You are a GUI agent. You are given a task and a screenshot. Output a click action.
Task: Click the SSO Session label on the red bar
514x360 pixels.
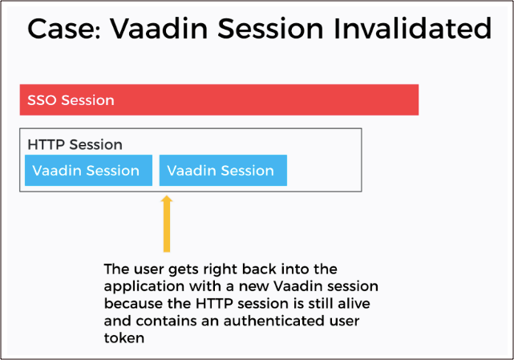click(x=71, y=101)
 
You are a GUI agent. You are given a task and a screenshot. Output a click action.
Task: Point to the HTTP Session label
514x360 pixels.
click(x=75, y=145)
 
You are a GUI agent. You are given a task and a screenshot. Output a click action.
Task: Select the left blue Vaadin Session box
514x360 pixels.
click(x=88, y=171)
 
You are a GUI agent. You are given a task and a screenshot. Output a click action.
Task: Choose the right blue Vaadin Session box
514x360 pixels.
click(x=223, y=171)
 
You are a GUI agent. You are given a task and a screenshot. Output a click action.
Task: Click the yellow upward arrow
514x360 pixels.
click(x=167, y=224)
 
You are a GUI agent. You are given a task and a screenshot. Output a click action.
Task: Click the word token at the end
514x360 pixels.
click(x=123, y=338)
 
